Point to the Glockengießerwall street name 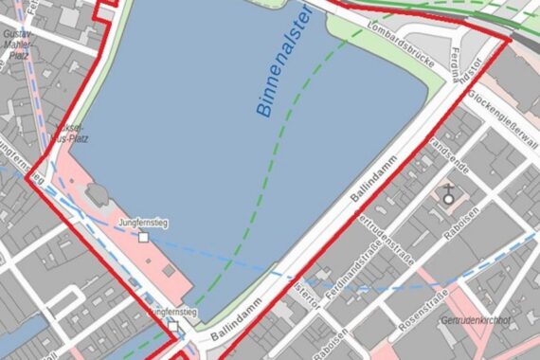(501, 118)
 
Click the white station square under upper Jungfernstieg (143, 237)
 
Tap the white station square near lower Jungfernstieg (173, 327)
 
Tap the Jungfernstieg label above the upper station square (142, 223)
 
